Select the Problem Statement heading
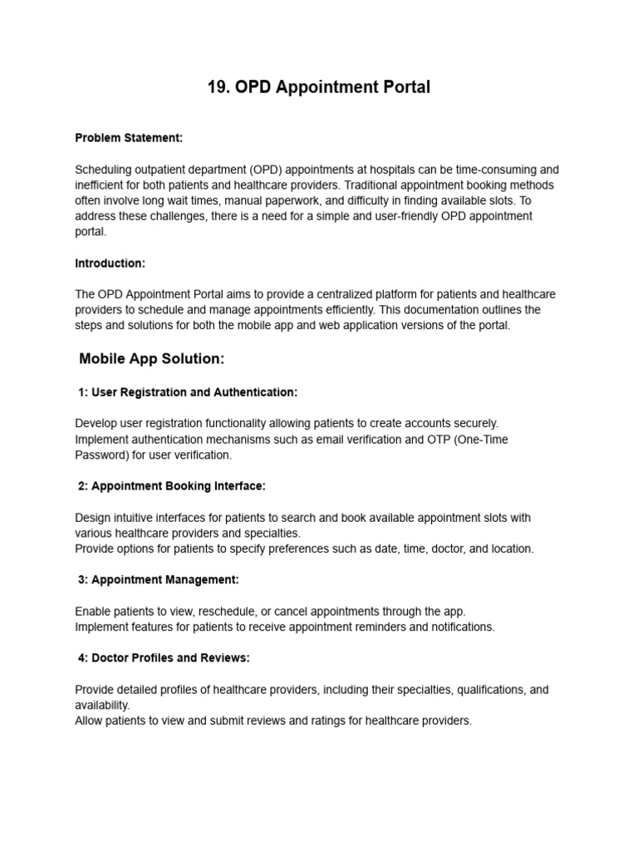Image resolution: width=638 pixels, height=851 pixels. pos(129,138)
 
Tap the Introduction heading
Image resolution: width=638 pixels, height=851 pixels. pos(110,263)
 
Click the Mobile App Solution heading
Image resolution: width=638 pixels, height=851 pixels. pos(152,359)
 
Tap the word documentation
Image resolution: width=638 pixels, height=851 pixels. pos(427,310)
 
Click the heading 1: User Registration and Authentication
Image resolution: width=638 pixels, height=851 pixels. pos(188,391)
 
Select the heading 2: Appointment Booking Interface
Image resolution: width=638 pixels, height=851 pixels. pos(172,485)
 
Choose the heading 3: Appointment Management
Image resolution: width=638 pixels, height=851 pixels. pos(159,579)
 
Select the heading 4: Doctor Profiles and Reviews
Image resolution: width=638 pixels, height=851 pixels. pos(164,657)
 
